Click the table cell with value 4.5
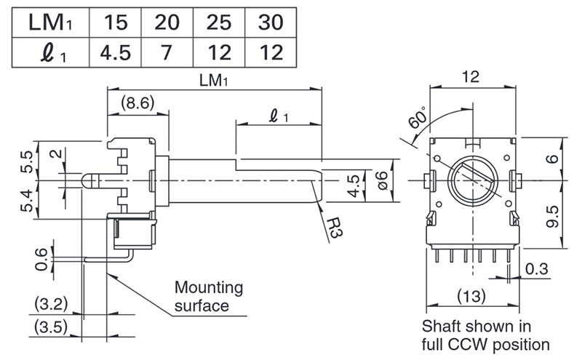pos(116,52)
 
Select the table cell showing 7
pos(167,52)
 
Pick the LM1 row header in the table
pos(50,23)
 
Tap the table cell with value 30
pos(271,23)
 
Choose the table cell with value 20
pos(167,23)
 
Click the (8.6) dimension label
pos(137,103)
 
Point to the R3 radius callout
pos(335,227)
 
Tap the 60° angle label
pos(417,117)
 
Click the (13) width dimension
pos(471,296)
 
